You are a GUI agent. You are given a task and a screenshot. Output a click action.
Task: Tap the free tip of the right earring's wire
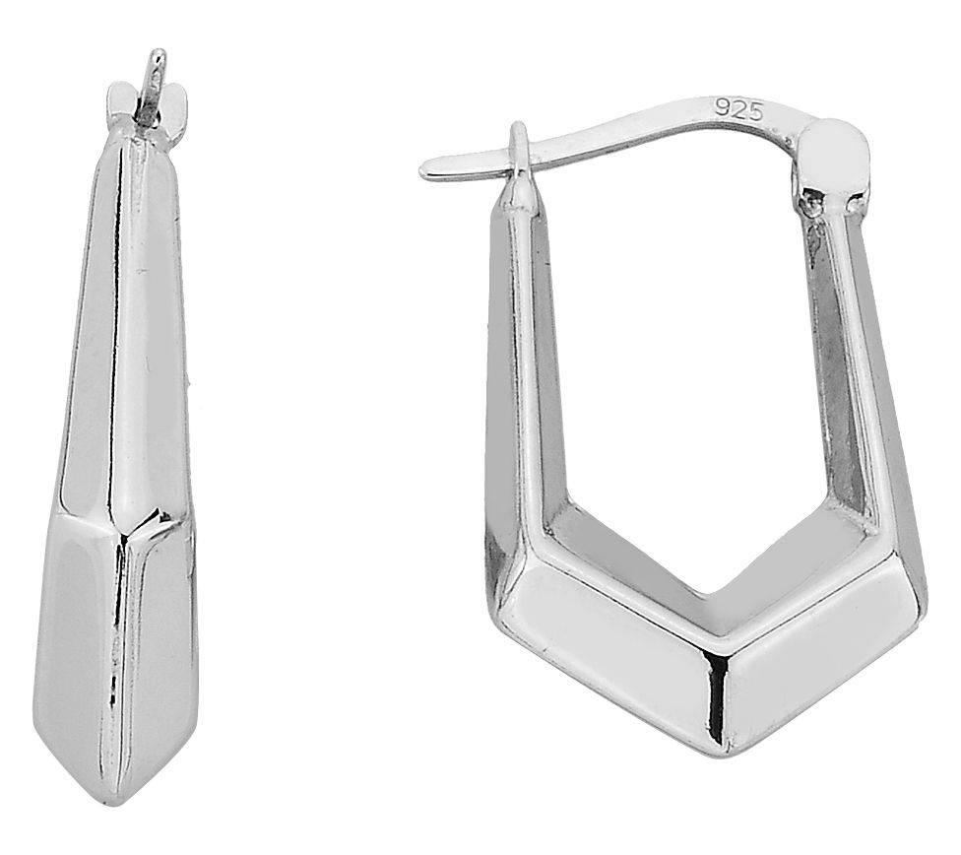(427, 172)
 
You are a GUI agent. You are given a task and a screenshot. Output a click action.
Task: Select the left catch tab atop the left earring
(116, 99)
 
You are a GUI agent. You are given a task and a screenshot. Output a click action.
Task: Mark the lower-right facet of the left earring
(162, 640)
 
